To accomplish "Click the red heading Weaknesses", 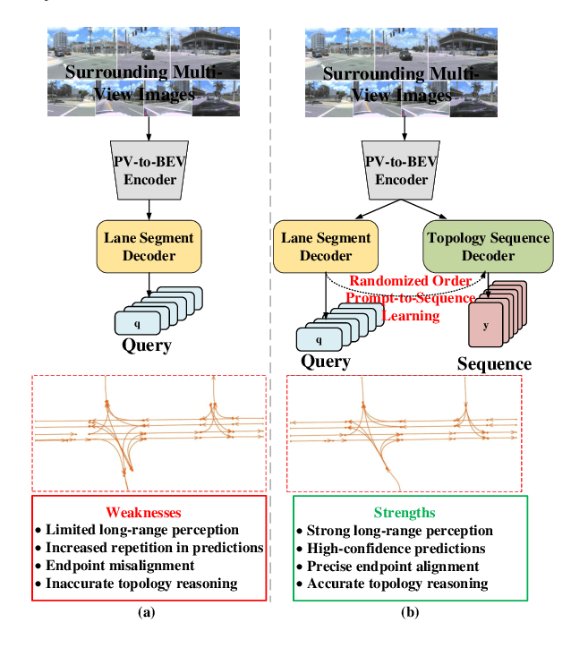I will click(x=144, y=513).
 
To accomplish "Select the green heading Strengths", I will click(x=405, y=513).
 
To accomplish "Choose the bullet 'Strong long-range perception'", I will click(x=399, y=531).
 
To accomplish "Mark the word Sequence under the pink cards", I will click(x=494, y=363).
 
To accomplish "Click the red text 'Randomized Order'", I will click(x=410, y=281).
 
